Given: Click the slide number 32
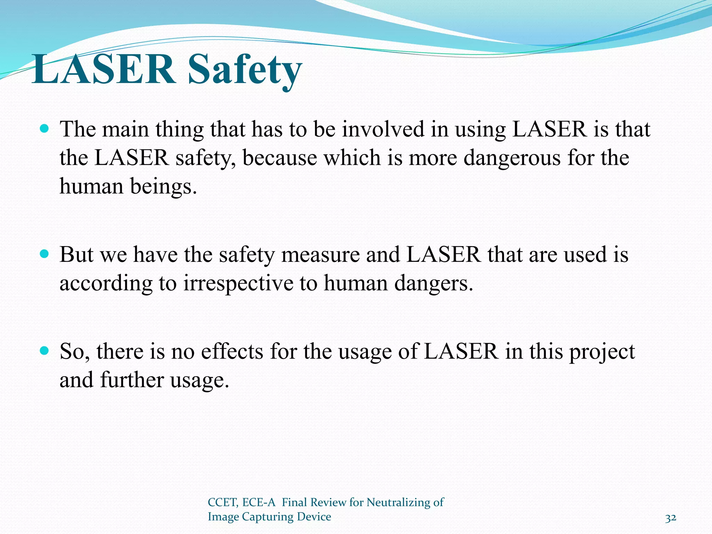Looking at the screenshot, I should click(x=671, y=518).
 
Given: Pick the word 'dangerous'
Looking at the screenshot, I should click(x=512, y=158).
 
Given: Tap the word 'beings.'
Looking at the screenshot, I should click(x=163, y=186).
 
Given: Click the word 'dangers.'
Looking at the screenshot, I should click(x=434, y=283).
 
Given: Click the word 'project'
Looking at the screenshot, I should click(x=602, y=352).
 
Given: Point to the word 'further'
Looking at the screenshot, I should click(x=132, y=380).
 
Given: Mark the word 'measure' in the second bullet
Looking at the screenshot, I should click(x=320, y=254).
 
